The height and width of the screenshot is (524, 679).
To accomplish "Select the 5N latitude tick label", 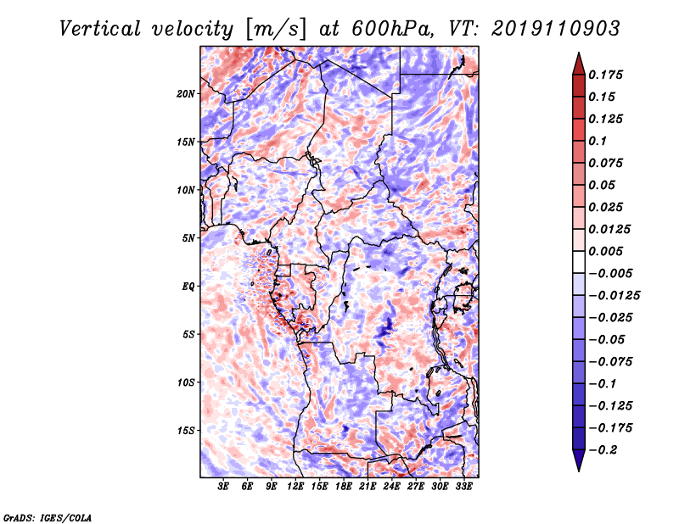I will click(189, 238).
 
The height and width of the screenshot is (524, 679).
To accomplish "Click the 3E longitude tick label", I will click(224, 488).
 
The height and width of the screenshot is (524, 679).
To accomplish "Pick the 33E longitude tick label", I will click(463, 488).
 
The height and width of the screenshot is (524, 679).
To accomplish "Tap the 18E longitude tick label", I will click(344, 488).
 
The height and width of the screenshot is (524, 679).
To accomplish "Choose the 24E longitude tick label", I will click(391, 488).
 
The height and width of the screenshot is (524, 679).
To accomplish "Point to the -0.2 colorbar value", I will click(608, 449).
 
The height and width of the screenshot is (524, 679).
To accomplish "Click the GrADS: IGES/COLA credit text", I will click(47, 516).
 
